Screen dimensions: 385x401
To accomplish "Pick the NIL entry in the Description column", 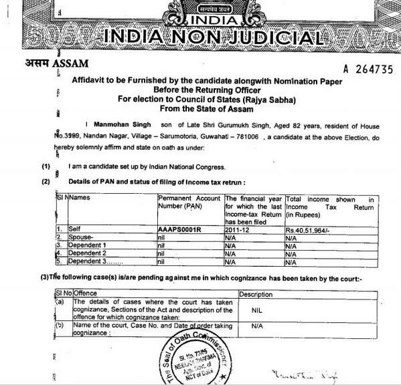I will click(x=256, y=311).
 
